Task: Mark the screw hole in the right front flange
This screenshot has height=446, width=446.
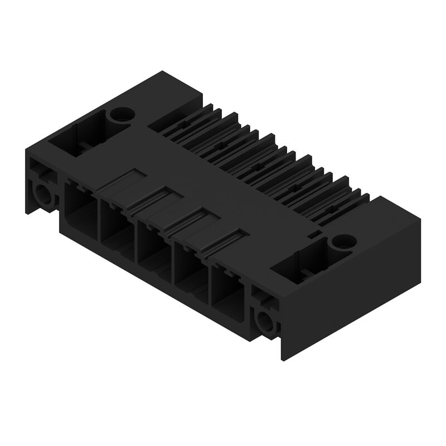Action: [x=263, y=321]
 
